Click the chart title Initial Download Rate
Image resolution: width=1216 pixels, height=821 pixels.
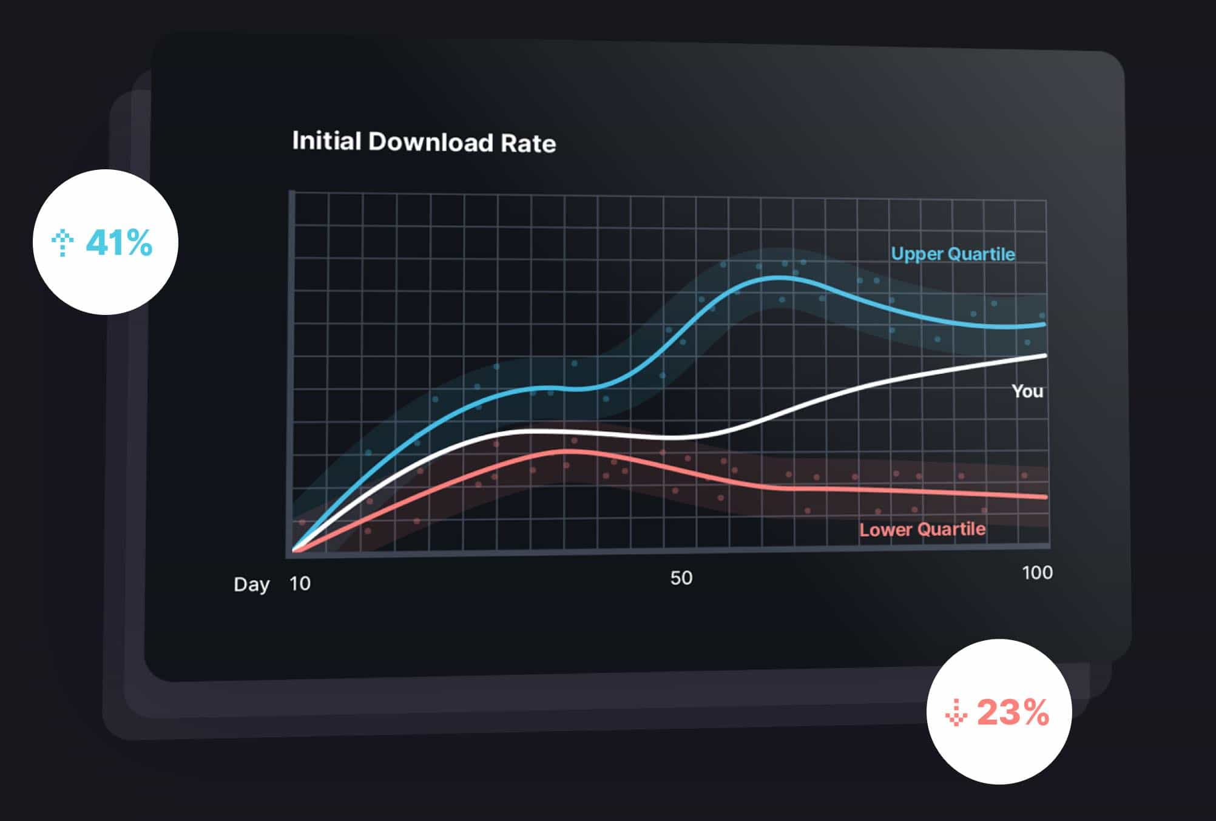point(424,142)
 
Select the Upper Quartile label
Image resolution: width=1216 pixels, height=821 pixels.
point(952,254)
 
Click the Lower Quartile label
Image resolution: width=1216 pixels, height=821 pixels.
point(922,530)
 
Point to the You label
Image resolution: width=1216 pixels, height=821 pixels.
point(1027,391)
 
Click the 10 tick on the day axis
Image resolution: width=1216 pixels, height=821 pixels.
point(300,584)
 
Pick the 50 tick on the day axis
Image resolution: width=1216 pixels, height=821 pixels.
point(681,578)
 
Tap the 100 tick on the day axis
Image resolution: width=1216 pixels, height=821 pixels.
point(1037,572)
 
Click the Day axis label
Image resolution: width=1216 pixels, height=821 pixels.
point(251,584)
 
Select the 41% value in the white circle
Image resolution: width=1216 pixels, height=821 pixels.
point(119,243)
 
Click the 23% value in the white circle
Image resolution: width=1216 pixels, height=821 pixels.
point(1013,712)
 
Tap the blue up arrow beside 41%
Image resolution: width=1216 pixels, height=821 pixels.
point(62,243)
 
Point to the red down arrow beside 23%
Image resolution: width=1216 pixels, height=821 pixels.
point(956,712)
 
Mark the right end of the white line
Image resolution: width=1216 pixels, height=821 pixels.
point(1045,356)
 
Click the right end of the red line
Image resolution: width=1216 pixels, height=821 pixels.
point(1045,497)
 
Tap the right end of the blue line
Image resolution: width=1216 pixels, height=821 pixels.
point(1044,325)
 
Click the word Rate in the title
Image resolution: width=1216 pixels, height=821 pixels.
point(528,143)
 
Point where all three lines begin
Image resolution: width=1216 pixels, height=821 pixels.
point(295,550)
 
